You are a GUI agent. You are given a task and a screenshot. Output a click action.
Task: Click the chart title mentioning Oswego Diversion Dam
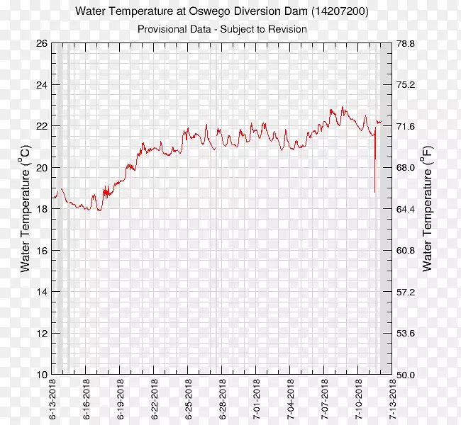tap(221, 12)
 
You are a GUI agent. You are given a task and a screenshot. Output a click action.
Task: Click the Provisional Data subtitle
tap(221, 29)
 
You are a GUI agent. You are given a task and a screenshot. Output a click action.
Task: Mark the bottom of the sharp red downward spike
tap(375, 191)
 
